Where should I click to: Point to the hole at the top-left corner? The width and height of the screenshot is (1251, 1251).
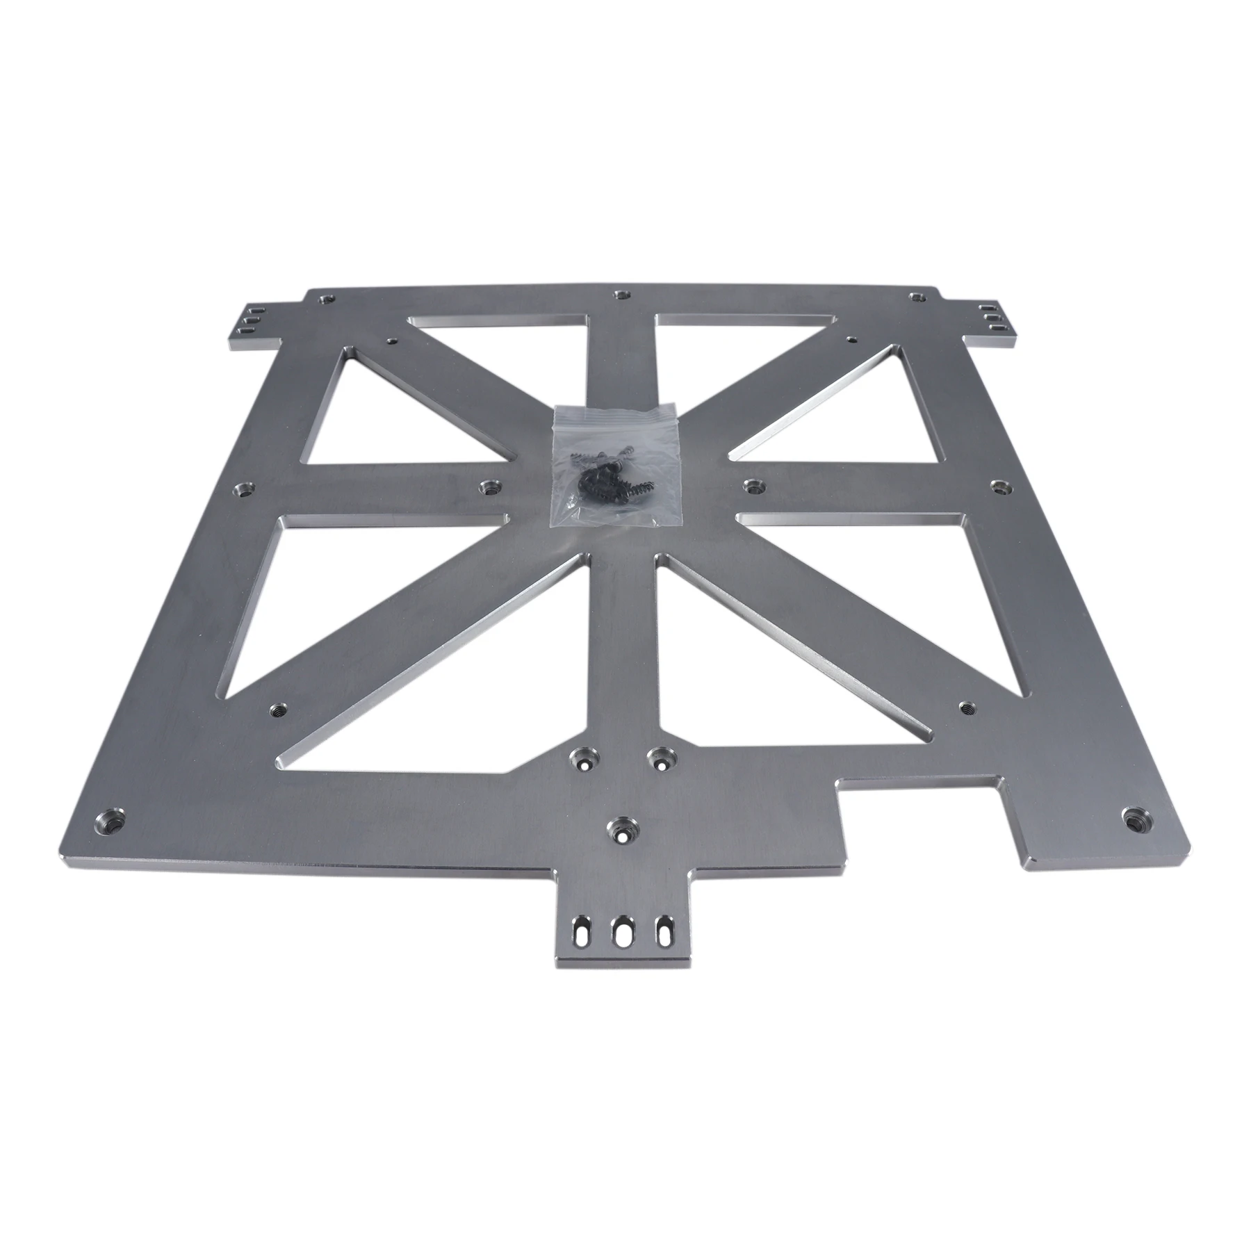pos(324,300)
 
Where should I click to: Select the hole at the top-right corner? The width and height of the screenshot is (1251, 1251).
pos(917,297)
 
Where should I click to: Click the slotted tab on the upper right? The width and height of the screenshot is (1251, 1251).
pos(991,316)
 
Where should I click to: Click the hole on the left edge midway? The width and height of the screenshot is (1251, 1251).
pos(245,490)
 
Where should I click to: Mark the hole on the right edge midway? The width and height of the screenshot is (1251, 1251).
pos(999,485)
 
